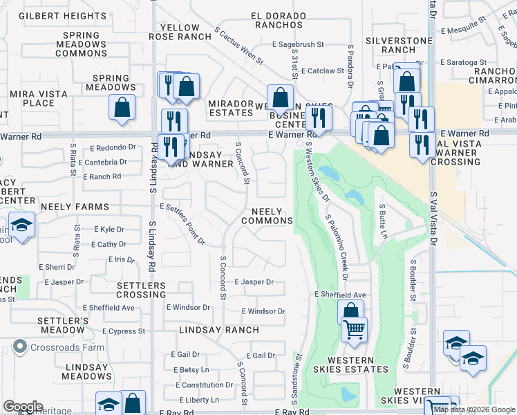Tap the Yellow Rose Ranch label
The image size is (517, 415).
tap(179, 32)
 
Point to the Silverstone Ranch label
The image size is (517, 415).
tap(399, 45)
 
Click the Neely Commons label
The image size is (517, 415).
tap(267, 216)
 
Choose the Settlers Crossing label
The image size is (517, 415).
tap(141, 290)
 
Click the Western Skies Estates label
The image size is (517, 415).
tap(351, 365)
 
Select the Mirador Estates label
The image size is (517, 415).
tap(231, 108)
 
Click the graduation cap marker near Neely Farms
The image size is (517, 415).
tap(22, 225)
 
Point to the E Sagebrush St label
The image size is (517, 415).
tap(298, 44)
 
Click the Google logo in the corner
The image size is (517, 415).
tap(23, 407)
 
